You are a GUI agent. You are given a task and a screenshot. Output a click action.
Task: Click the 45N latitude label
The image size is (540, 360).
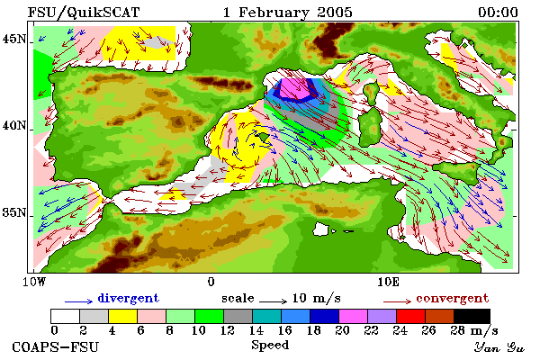14,39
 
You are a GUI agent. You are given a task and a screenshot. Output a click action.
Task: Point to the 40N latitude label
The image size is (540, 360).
14,125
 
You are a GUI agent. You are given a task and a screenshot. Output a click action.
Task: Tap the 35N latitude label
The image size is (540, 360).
14,212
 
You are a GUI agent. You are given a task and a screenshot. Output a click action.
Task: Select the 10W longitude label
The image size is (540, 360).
34,282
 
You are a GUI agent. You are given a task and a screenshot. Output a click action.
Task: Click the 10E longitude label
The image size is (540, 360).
388,282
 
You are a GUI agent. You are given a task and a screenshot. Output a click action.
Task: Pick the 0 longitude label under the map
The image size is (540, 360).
211,282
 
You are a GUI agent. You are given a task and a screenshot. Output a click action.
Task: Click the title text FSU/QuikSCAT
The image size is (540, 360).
84,13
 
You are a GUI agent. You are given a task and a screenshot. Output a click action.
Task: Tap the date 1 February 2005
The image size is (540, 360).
288,13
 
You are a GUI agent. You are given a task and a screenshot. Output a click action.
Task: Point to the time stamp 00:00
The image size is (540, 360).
498,13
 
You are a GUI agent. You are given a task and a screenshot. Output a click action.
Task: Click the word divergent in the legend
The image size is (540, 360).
128,298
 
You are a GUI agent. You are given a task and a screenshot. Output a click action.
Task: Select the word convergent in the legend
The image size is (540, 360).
452,298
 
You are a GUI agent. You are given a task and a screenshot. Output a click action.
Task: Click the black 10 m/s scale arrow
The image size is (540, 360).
273,301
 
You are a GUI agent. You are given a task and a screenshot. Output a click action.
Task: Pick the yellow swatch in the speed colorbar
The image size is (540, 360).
122,316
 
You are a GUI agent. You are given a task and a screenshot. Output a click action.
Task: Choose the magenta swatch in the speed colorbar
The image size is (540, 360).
353,316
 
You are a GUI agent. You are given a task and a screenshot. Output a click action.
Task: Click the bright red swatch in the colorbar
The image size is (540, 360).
410,316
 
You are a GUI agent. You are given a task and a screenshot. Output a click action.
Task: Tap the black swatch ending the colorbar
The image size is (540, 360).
472,316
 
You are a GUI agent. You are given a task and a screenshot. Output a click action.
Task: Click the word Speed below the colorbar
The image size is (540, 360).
270,346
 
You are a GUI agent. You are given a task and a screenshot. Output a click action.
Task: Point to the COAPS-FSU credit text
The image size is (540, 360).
56,346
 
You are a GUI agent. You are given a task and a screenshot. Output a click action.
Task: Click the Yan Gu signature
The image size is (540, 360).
499,347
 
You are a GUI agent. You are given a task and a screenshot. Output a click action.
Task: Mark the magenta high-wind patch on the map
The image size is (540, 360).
295,90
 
